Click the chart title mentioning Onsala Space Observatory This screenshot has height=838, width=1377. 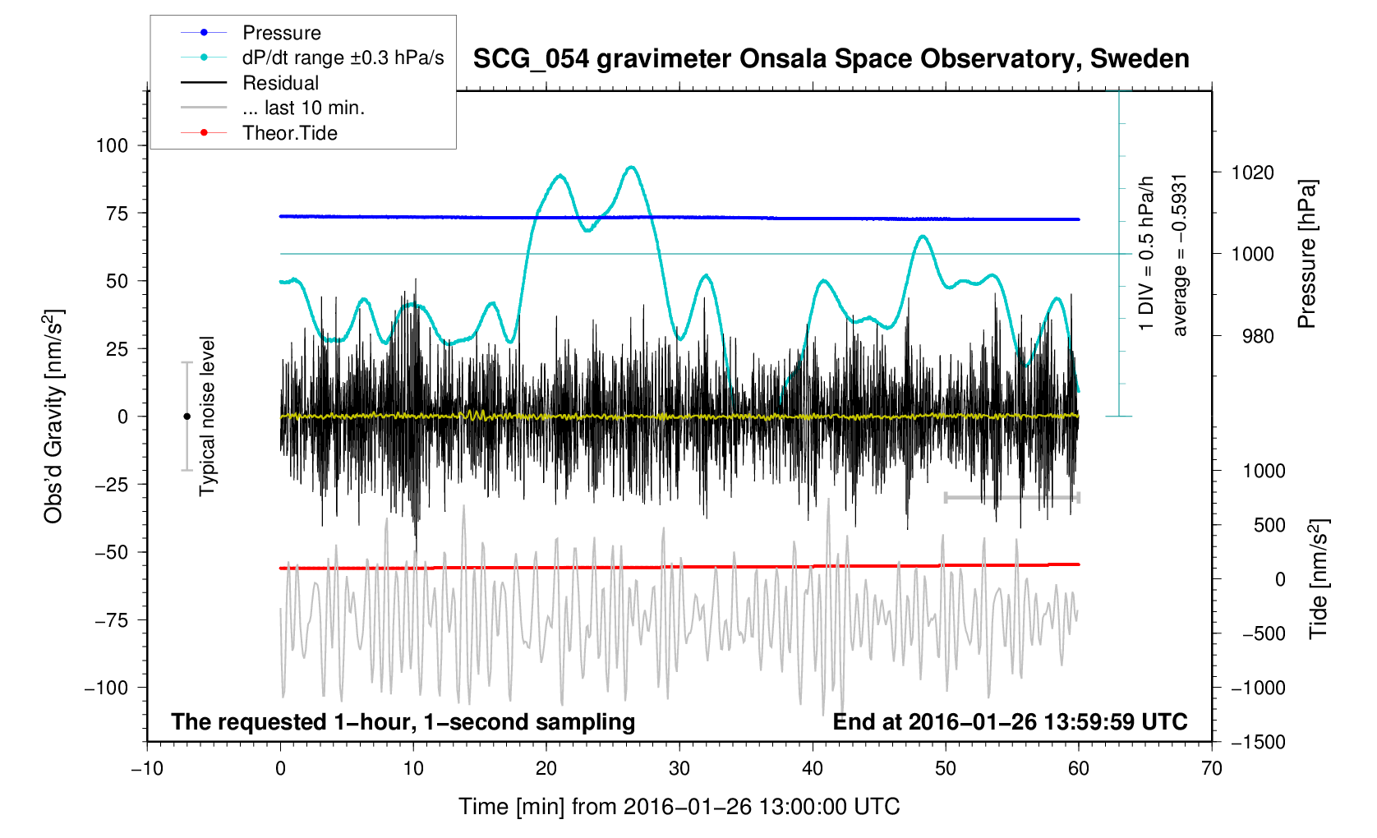click(831, 59)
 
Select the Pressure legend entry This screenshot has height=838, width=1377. click(281, 33)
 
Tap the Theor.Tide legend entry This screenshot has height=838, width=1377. click(289, 133)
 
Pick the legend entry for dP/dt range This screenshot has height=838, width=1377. click(343, 58)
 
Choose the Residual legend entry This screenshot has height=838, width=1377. click(280, 83)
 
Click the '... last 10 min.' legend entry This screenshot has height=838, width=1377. click(303, 108)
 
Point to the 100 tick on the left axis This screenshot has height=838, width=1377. click(112, 145)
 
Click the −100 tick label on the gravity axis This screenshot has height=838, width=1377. click(106, 688)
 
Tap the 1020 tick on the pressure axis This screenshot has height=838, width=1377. click(1252, 173)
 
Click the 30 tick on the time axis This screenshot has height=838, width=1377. click(679, 769)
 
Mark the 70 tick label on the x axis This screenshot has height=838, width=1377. click(1211, 769)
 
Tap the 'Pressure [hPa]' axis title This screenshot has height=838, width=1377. click(1306, 254)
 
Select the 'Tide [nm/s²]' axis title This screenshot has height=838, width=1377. click(1319, 578)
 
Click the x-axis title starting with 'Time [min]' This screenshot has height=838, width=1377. click(679, 807)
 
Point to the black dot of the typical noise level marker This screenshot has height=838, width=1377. click(187, 417)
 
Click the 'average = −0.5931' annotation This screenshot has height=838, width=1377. click(1180, 255)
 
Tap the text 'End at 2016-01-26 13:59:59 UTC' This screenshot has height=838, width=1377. click(1010, 722)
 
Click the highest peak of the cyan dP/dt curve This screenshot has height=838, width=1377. click(631, 167)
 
